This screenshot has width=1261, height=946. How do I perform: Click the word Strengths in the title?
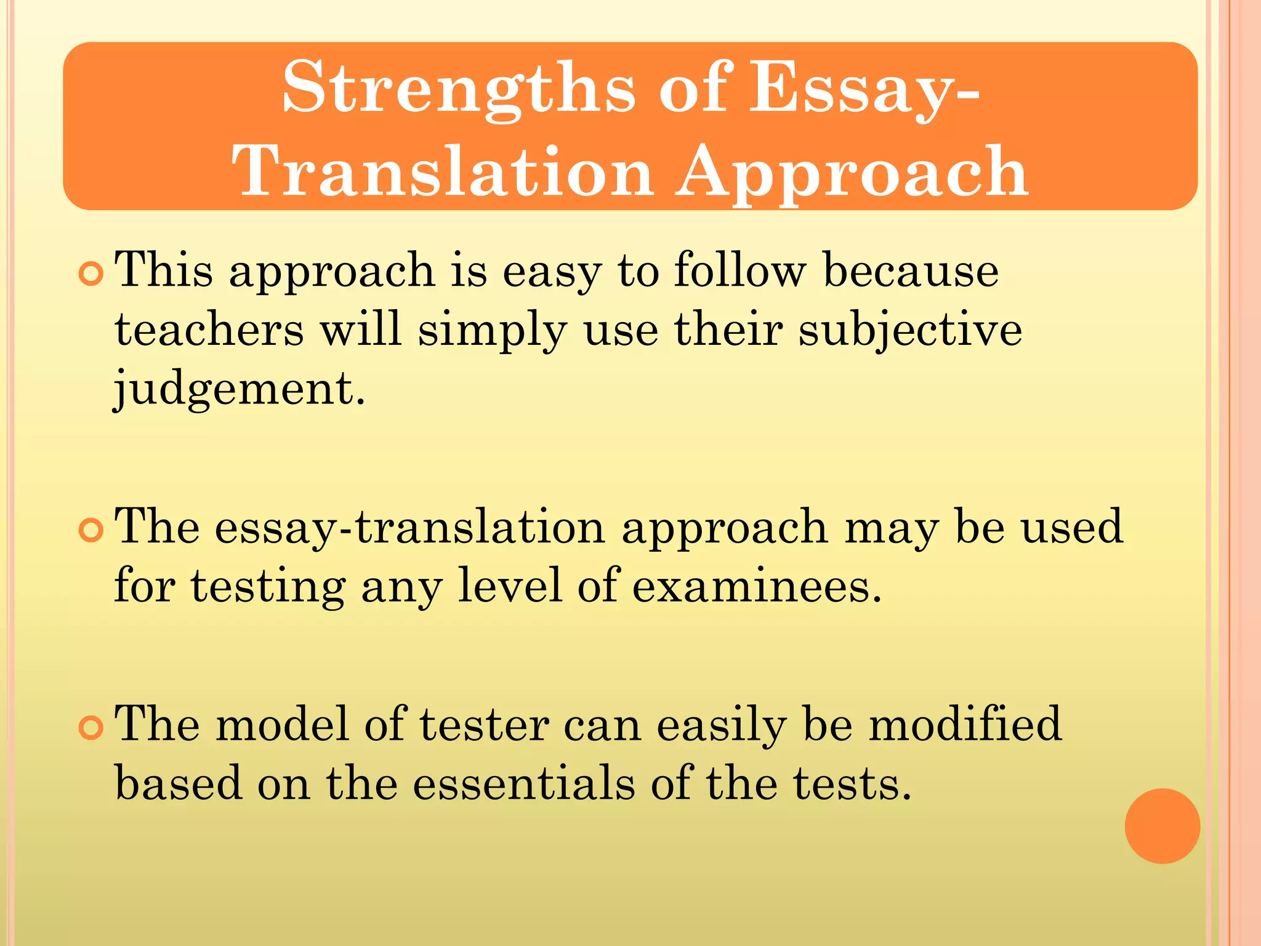pyautogui.click(x=458, y=88)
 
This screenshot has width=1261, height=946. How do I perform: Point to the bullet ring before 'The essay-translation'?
pyautogui.click(x=91, y=530)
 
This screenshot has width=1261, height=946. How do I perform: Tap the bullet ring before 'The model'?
pyautogui.click(x=91, y=728)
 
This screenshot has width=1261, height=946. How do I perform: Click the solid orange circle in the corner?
pyautogui.click(x=1162, y=826)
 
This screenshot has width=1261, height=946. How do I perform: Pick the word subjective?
pyautogui.click(x=910, y=330)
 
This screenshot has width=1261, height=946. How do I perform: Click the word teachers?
pyautogui.click(x=209, y=330)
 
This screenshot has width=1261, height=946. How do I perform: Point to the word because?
pyautogui.click(x=911, y=271)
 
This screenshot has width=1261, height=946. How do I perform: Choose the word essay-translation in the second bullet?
pyautogui.click(x=409, y=528)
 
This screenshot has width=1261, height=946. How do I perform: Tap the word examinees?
pyautogui.click(x=757, y=586)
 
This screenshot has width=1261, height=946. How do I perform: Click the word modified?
pyautogui.click(x=965, y=724)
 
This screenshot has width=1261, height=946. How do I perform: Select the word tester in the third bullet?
pyautogui.click(x=485, y=726)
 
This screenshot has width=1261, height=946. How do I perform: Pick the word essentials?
pyautogui.click(x=524, y=784)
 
